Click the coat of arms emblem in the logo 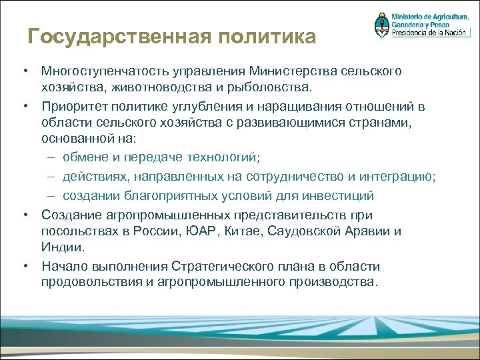[x=382, y=25]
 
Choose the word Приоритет [x=75, y=107]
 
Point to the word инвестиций [x=339, y=196]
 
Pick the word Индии [x=63, y=247]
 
